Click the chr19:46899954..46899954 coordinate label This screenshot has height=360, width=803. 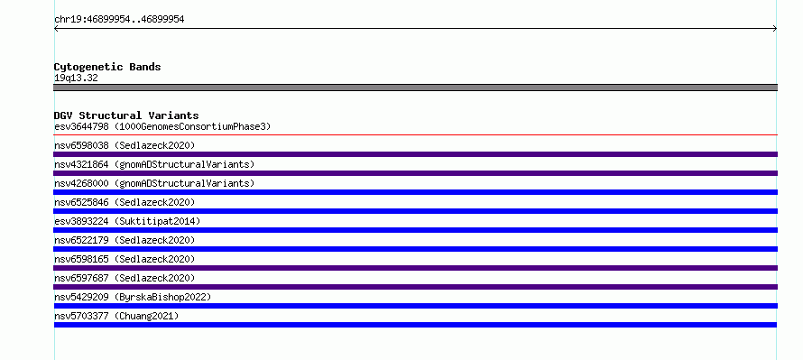(119, 20)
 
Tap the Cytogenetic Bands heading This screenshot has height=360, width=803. (107, 67)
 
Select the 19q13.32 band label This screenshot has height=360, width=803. (76, 78)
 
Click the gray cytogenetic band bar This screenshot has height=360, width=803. (415, 88)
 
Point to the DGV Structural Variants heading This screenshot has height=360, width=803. (126, 115)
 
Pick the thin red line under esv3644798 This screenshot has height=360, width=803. (415, 135)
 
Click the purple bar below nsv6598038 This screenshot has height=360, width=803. (415, 154)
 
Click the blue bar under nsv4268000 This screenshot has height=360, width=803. (415, 192)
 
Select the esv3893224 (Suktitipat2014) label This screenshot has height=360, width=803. (127, 221)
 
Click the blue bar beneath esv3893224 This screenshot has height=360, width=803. (415, 230)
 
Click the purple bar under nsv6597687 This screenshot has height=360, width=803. (415, 287)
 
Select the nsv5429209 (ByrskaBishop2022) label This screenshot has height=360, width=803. (133, 297)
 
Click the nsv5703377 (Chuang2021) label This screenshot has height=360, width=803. (116, 316)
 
